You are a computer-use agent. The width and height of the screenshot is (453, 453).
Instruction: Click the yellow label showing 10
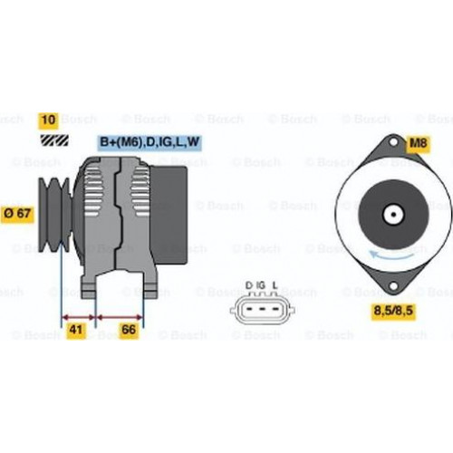(x=48, y=120)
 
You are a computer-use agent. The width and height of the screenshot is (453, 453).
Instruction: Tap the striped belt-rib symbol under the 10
(x=54, y=140)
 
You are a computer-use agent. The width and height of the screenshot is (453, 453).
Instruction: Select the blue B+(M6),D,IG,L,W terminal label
(x=149, y=142)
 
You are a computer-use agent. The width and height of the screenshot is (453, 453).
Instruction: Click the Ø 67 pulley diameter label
(x=17, y=214)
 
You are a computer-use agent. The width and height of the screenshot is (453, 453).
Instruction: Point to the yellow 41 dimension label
(x=76, y=330)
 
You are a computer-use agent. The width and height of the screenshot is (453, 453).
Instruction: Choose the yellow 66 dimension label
(x=129, y=330)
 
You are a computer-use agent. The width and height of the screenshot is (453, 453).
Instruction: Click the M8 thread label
(x=418, y=143)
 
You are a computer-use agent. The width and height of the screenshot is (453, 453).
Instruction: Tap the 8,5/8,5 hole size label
(x=393, y=311)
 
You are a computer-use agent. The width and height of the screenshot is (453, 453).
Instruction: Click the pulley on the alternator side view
(x=55, y=215)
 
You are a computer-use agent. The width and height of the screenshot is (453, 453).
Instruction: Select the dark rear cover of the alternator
(x=169, y=215)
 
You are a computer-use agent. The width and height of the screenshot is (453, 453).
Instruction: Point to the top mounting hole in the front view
(x=393, y=141)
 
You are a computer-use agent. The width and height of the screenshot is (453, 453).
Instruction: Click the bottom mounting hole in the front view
(x=393, y=286)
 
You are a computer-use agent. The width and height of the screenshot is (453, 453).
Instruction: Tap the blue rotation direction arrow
(x=392, y=256)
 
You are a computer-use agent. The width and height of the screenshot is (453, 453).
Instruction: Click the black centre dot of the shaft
(x=393, y=215)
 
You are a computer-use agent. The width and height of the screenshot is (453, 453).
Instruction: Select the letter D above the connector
(x=248, y=285)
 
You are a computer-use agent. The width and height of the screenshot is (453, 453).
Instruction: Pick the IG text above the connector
(x=260, y=285)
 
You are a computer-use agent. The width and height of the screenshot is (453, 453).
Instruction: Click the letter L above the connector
(x=275, y=285)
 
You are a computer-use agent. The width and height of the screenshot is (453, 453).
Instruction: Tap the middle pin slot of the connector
(x=262, y=309)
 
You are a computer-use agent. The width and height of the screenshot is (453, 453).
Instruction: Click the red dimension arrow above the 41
(x=78, y=317)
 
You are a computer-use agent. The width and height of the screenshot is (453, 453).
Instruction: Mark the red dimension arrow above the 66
(x=120, y=317)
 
